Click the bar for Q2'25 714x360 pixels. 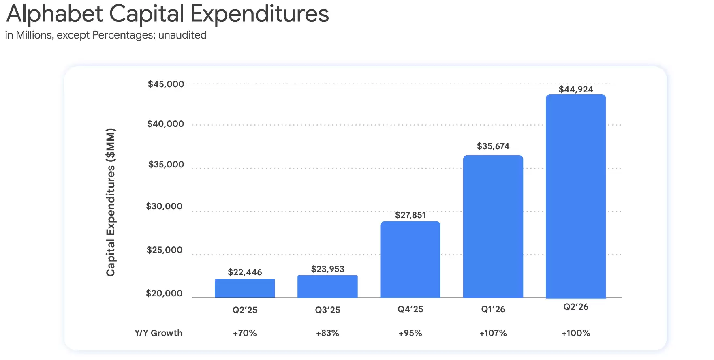tap(245, 288)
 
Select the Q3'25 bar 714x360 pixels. tap(327, 287)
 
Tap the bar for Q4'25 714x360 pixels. tap(410, 259)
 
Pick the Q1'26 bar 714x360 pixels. tap(493, 227)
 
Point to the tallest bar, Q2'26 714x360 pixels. tap(576, 196)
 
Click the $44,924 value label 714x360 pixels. tap(576, 89)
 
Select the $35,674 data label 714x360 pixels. tap(493, 146)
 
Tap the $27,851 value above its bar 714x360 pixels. tap(410, 215)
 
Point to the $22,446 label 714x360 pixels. tap(245, 272)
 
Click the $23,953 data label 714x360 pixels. tap(327, 269)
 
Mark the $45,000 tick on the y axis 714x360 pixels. tap(166, 84)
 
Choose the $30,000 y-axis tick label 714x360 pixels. tap(164, 206)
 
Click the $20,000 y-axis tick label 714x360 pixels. tap(164, 293)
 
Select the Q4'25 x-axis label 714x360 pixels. tap(410, 309)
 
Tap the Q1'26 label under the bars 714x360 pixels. tap(493, 309)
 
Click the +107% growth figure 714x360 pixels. tap(493, 333)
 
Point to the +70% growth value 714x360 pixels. tap(245, 333)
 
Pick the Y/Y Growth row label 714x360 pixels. tap(158, 333)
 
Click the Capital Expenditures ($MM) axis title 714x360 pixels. tap(111, 202)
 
